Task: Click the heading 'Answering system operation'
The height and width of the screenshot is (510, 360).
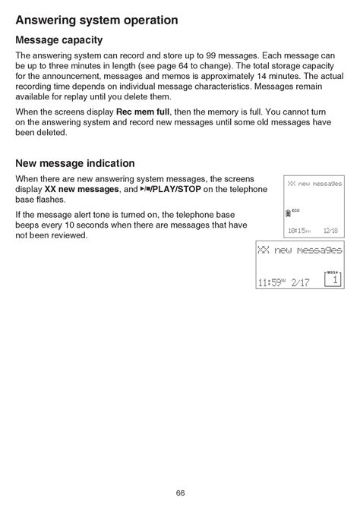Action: [x=96, y=20]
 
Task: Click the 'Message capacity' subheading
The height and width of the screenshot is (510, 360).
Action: [x=59, y=40]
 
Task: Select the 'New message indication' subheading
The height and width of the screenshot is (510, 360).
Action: [x=75, y=163]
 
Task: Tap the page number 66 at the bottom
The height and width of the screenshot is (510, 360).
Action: [x=180, y=493]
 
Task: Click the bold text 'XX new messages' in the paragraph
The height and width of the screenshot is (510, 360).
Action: [x=81, y=189]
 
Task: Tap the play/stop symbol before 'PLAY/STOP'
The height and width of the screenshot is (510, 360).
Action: [x=147, y=188]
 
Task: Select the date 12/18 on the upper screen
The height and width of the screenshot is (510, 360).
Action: [x=330, y=231]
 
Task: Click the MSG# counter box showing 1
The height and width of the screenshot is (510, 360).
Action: [x=333, y=279]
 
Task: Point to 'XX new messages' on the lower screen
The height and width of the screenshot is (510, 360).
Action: [x=299, y=250]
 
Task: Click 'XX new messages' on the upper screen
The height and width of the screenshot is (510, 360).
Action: [x=314, y=184]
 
